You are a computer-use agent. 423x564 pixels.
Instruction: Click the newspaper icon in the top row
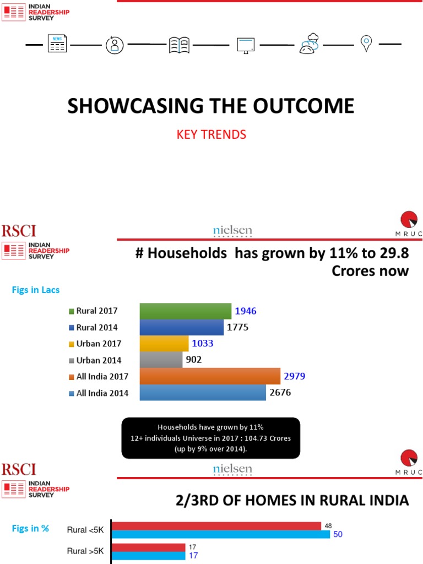[x=57, y=44]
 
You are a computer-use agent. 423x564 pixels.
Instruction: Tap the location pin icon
[x=366, y=44]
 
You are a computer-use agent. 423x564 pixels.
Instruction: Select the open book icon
[x=180, y=44]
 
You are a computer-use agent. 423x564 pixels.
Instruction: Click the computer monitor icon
[x=245, y=45]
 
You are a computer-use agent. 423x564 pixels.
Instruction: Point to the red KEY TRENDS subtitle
[x=211, y=134]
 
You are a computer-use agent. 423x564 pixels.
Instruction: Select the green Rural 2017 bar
[x=186, y=311]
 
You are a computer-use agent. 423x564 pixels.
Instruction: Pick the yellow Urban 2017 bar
[x=164, y=344]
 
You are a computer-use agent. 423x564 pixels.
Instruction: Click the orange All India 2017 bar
[x=210, y=376]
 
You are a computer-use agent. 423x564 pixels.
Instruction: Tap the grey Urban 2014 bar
[x=161, y=360]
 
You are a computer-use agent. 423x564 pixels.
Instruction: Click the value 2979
[x=294, y=376]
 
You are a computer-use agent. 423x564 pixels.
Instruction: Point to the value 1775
[x=238, y=327]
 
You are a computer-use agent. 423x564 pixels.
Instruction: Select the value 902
[x=194, y=360]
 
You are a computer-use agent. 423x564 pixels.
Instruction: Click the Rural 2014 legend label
[x=97, y=328]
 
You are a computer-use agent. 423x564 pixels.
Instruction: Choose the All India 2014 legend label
[x=102, y=393]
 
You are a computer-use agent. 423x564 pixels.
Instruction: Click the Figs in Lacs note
[x=36, y=290]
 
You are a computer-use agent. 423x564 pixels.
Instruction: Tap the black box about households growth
[x=211, y=438]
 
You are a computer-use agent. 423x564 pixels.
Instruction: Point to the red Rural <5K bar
[x=216, y=525]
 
